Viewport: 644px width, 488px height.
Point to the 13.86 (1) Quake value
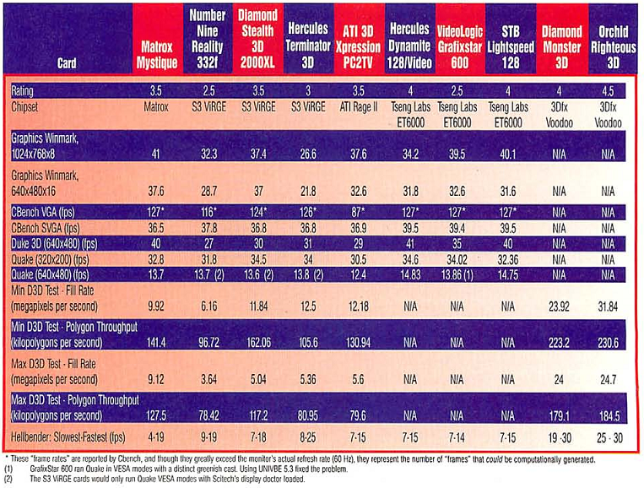click(459, 275)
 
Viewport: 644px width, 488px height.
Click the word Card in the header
click(69, 62)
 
